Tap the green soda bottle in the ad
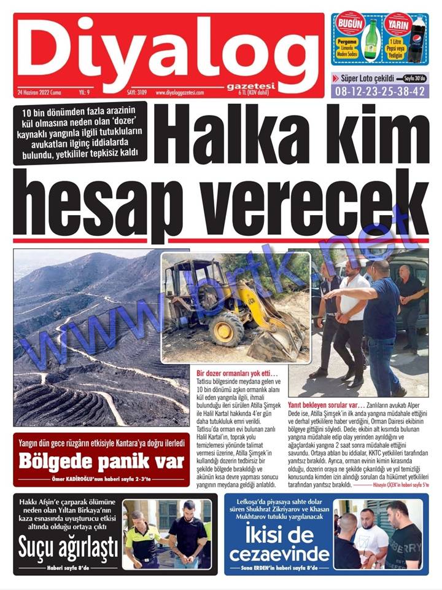tap(370, 40)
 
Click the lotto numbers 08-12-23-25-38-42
tap(380, 91)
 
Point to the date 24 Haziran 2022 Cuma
tap(45, 92)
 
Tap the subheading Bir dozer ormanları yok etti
tap(237, 374)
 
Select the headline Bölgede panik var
tap(101, 460)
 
